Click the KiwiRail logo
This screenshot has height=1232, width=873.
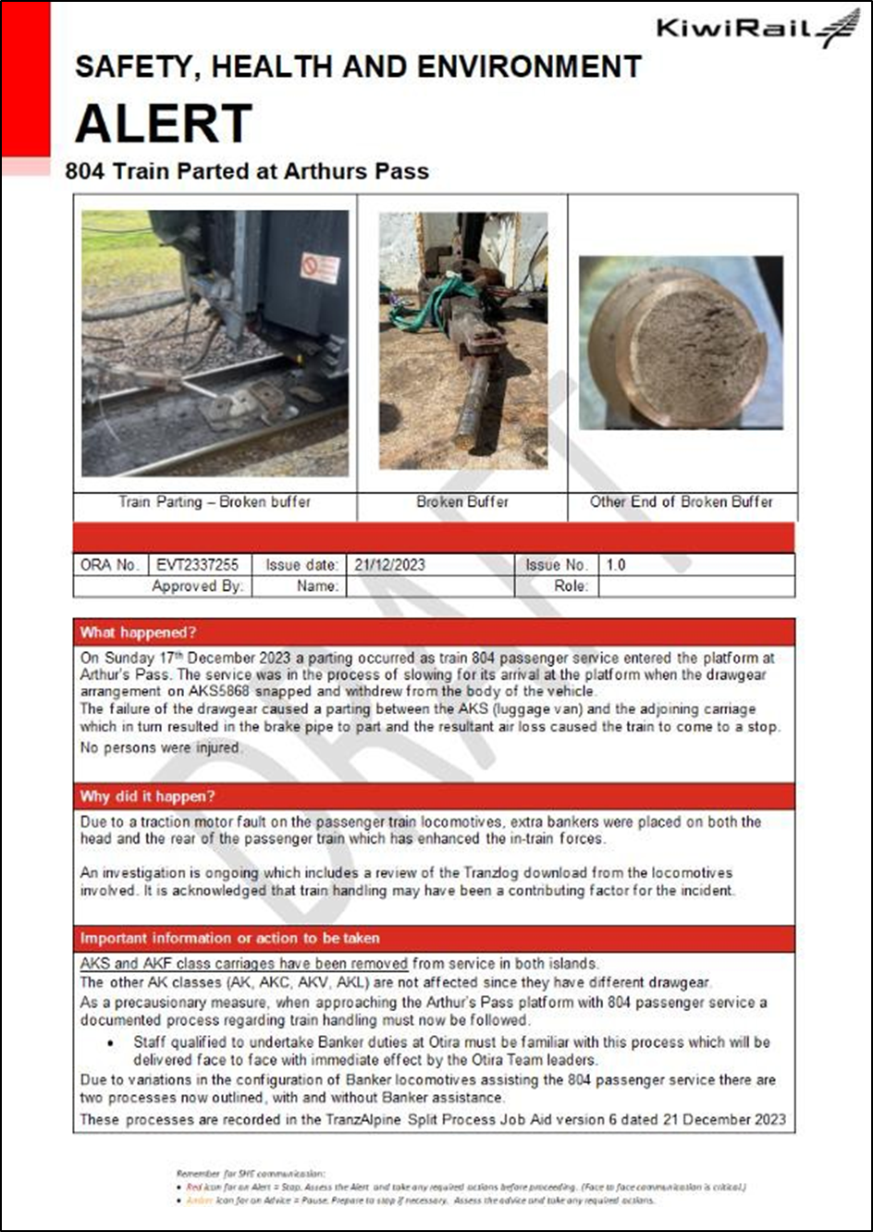757,28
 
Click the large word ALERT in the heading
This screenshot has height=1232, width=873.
164,124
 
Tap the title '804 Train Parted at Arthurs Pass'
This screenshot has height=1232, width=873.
247,171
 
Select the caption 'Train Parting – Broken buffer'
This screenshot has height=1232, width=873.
215,502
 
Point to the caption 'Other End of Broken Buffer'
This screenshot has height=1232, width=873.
682,502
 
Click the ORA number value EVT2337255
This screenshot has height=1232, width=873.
197,565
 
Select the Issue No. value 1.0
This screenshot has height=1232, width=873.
616,565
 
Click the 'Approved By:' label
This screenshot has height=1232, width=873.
197,585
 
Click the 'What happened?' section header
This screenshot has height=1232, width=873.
139,633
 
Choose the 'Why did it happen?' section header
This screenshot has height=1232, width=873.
148,796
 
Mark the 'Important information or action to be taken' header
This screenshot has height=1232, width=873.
229,938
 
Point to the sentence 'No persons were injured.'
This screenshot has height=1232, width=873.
161,747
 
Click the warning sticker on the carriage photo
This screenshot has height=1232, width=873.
319,267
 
